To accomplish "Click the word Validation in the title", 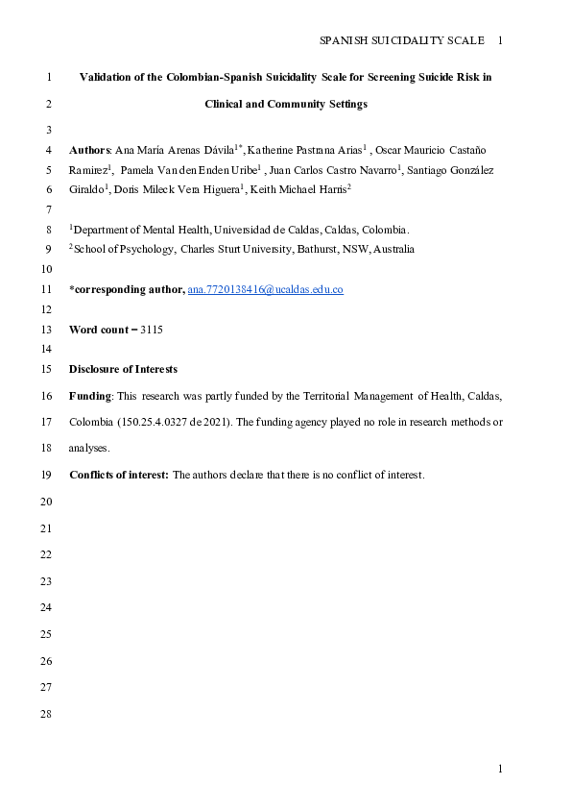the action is tap(107, 77).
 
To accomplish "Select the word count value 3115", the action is tap(152, 330).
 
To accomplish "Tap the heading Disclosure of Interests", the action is tap(123, 370).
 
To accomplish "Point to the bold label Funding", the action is tap(90, 396).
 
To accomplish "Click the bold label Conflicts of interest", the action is tap(118, 475).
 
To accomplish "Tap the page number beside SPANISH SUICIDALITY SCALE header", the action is tap(500, 40).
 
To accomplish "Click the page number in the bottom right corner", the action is tap(500, 769).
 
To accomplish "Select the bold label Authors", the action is tap(90, 150).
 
